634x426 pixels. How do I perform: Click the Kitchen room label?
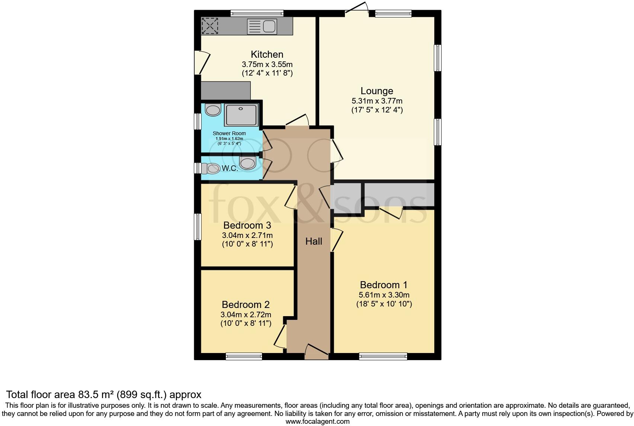coord(267,54)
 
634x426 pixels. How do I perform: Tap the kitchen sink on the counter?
coord(262,26)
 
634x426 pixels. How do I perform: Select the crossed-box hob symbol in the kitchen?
coord(210,26)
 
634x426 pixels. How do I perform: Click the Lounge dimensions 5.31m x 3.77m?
coord(377,101)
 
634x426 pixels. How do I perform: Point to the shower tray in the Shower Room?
coord(241,115)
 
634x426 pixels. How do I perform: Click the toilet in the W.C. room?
coord(211,168)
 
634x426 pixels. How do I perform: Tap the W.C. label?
coord(230,168)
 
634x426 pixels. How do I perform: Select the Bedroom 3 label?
coord(247,225)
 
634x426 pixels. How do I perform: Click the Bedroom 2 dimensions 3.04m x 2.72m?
coord(246,315)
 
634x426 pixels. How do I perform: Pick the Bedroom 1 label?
coord(384,285)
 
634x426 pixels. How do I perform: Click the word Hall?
coord(314,241)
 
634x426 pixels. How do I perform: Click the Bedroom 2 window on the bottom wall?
coord(244,356)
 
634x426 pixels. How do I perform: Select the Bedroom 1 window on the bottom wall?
coord(383,356)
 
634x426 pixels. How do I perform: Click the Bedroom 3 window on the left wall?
coord(198,226)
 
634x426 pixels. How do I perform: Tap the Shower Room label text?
coord(229,133)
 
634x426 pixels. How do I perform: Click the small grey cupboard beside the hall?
coord(348,198)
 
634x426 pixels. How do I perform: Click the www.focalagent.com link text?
coord(317,422)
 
